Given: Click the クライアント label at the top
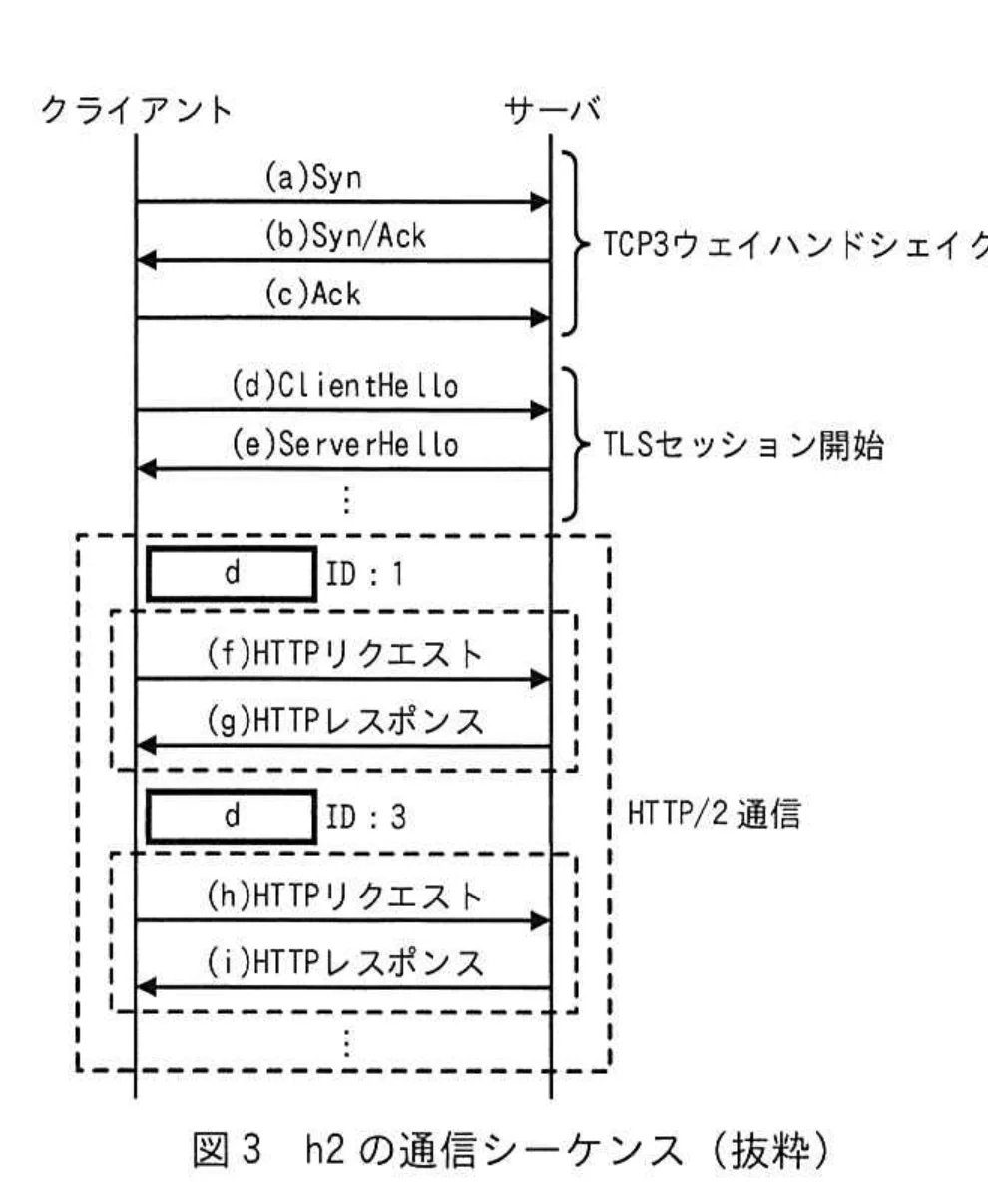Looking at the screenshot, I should [136, 108].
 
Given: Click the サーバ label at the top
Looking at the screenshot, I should [553, 108].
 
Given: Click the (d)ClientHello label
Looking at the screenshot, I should [344, 386].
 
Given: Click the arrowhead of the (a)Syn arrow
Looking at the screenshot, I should [541, 202].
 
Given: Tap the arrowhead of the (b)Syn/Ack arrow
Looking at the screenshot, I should [146, 261].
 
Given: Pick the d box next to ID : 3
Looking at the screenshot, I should [232, 817].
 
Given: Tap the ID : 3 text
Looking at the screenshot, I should [364, 818].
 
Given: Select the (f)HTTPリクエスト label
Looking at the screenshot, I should [344, 655].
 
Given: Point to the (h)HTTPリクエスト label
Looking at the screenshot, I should [344, 896].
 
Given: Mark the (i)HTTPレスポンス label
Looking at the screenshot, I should [344, 963].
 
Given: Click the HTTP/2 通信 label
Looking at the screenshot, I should [713, 817].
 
